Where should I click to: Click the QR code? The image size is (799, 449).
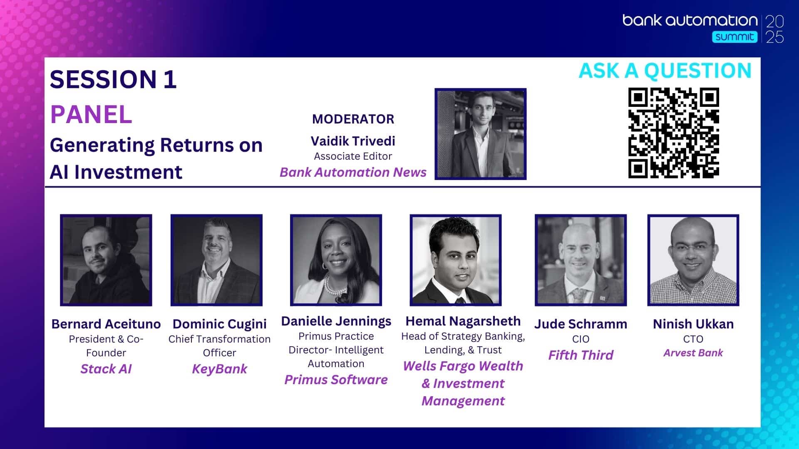pos(674,133)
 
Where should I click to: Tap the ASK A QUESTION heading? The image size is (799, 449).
pos(665,71)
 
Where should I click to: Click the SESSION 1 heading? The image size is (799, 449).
pos(113,79)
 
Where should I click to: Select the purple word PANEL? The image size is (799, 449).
pos(91,114)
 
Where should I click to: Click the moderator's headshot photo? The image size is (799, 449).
pos(481,134)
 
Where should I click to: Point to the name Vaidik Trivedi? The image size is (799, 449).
pos(353,141)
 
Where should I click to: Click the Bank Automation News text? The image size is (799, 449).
pos(353,172)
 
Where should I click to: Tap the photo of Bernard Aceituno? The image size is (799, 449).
pos(106,260)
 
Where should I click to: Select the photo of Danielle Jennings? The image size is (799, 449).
pos(336,260)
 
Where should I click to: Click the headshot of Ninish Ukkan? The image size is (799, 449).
pos(693,260)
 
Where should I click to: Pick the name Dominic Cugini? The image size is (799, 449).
pos(220,324)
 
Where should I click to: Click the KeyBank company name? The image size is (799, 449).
pos(220,369)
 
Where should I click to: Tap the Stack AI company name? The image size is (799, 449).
pos(106,369)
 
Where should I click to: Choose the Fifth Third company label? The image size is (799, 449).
pos(581,355)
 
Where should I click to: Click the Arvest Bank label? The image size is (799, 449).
pos(693,353)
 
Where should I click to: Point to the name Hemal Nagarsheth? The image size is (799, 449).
pos(463,321)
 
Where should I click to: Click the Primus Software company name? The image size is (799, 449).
pos(336,380)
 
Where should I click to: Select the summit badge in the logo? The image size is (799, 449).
pos(734,37)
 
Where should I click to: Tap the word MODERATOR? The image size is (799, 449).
pos(353,119)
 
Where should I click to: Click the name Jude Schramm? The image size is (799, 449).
pos(581,324)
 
